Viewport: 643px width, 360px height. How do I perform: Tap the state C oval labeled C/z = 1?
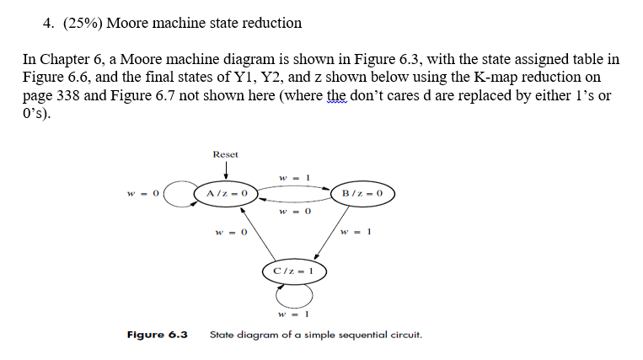point(294,271)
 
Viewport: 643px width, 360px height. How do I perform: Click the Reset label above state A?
point(225,154)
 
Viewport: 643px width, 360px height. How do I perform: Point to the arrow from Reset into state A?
point(225,173)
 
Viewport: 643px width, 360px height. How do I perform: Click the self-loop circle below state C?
point(294,295)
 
